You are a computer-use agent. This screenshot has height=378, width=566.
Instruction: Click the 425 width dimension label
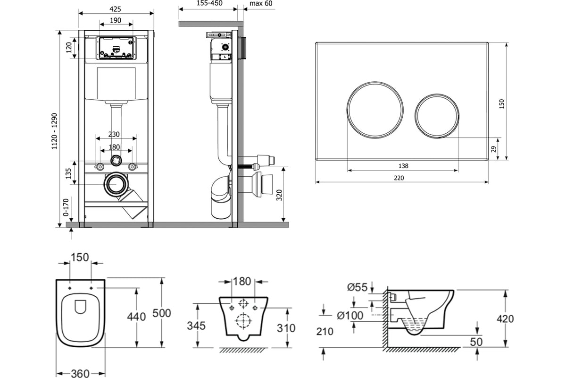[x=115, y=9]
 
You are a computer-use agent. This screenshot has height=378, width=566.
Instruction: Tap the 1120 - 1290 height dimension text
[x=55, y=131]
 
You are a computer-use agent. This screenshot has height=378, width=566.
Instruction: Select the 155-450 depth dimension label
[x=209, y=3]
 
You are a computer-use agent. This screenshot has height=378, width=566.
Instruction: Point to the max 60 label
[x=261, y=4]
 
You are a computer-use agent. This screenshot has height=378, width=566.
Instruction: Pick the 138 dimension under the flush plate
[x=403, y=166]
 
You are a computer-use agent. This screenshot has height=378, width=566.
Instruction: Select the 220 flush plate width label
[x=399, y=178]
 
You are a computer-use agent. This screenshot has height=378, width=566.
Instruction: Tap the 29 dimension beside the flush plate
[x=493, y=149]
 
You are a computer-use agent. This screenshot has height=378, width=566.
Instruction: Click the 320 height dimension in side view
[x=279, y=195]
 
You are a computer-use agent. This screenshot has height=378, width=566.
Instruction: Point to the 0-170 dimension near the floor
[x=66, y=207]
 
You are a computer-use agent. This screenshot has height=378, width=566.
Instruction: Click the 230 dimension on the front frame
[x=114, y=134]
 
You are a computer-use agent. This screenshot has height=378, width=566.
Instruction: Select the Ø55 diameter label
[x=357, y=287]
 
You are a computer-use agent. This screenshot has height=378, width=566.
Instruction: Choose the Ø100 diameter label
[x=350, y=316]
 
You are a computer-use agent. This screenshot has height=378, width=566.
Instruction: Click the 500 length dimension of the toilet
[x=162, y=313]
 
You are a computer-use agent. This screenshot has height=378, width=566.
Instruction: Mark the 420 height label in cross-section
[x=505, y=319]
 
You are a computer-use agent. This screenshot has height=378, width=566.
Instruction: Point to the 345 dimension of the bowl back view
[x=196, y=326]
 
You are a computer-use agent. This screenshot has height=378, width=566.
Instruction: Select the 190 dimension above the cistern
[x=116, y=20]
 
